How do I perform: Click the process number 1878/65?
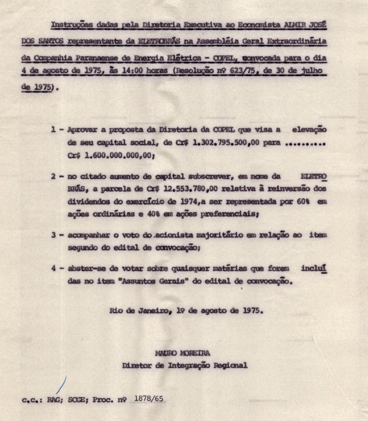149,397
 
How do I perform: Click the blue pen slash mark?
61,385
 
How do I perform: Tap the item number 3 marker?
54,235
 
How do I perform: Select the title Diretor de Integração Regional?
185,365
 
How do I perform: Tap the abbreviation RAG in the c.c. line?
53,400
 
